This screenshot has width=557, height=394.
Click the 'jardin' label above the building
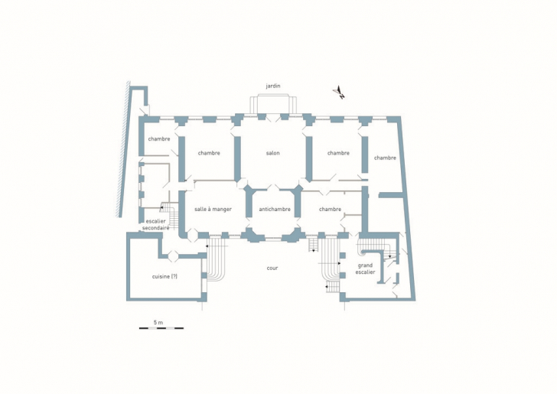(x=273, y=86)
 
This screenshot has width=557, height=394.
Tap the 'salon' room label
(x=273, y=153)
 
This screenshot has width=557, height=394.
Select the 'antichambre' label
(x=275, y=210)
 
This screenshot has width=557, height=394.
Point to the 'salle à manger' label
(x=213, y=210)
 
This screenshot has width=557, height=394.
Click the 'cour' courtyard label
(x=272, y=269)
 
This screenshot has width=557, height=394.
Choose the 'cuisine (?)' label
(x=164, y=276)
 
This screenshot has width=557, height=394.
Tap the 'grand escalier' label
(x=366, y=269)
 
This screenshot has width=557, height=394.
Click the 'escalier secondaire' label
(x=155, y=224)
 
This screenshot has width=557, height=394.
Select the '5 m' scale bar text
(x=158, y=323)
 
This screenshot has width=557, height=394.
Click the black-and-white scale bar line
(x=161, y=328)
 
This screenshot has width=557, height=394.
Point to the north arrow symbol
(x=339, y=93)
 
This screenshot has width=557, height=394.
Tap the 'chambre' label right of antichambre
(x=330, y=210)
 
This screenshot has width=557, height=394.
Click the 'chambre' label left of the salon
(x=209, y=153)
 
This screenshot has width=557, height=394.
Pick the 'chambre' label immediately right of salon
(x=338, y=153)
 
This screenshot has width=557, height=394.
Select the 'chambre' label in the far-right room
(x=385, y=158)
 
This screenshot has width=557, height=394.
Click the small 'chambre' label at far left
(x=159, y=139)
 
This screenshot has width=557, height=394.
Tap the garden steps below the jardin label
(x=273, y=104)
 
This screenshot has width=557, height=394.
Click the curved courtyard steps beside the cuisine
(x=216, y=259)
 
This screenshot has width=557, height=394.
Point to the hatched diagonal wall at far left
(x=124, y=149)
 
